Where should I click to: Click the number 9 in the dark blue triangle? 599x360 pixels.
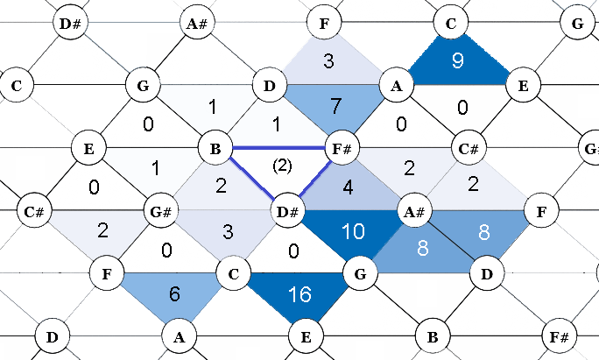click(x=457, y=60)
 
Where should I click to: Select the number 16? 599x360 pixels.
click(x=300, y=294)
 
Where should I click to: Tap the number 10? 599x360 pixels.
click(x=353, y=232)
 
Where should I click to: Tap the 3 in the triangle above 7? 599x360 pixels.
click(x=328, y=61)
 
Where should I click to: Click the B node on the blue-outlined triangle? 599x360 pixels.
click(x=215, y=147)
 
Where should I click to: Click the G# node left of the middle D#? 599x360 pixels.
click(x=159, y=211)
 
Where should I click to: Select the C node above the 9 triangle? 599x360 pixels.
click(x=450, y=23)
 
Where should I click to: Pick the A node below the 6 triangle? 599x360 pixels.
click(x=179, y=335)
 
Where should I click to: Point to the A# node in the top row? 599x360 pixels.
click(x=196, y=23)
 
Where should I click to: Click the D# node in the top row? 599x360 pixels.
click(x=72, y=23)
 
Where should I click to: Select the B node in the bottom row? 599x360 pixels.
click(x=431, y=335)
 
